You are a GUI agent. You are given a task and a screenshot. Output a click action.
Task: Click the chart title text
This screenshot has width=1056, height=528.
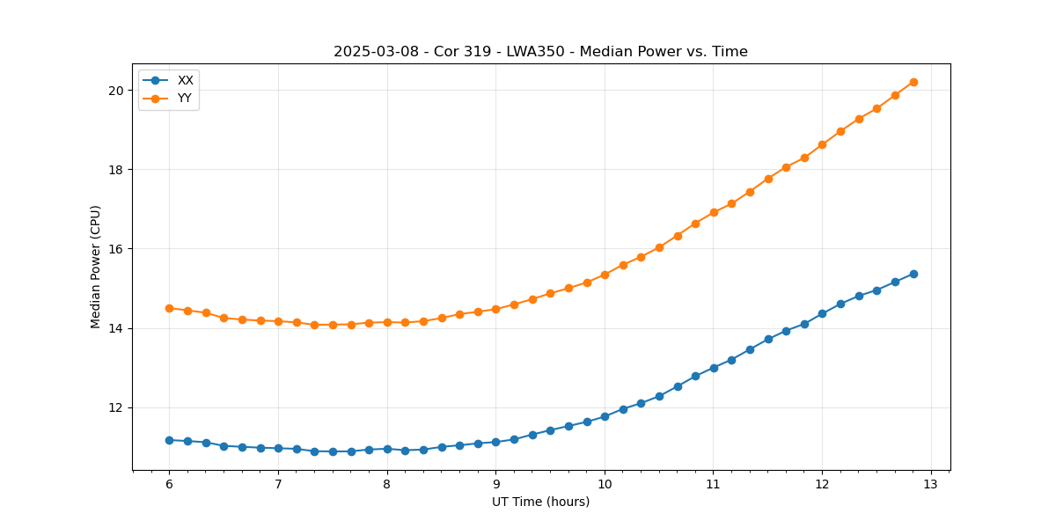point(540,52)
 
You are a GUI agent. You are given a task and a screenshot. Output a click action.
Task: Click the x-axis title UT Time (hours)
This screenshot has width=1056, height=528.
point(540,502)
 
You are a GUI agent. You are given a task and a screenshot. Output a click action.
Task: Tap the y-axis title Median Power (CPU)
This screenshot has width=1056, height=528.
point(96,267)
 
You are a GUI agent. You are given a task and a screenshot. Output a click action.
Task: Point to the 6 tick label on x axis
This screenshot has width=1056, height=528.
point(169,485)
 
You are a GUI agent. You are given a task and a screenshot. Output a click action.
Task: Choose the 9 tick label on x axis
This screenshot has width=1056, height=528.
point(495,485)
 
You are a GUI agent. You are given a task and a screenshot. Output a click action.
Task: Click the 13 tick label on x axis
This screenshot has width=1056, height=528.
point(931,485)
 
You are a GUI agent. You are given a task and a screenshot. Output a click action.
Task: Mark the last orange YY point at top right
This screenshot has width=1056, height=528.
point(913,82)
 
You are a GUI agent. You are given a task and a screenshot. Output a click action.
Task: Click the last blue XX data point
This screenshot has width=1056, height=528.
point(913,274)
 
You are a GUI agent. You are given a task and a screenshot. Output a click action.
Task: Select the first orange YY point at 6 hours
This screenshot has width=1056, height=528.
point(169,308)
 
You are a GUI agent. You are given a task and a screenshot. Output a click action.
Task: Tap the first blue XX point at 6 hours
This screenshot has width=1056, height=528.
point(169,440)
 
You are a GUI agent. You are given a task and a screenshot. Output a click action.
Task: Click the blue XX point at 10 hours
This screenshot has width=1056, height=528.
point(605,416)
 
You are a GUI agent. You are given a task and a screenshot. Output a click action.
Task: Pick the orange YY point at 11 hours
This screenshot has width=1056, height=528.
point(714,212)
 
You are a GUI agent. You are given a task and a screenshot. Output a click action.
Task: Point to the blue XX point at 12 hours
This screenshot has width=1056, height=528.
point(822,313)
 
